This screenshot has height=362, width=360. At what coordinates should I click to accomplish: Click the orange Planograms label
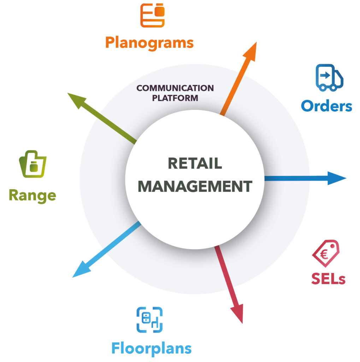(x=149, y=43)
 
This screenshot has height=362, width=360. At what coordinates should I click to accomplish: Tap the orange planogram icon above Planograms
(x=152, y=16)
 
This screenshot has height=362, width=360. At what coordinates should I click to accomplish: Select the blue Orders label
(x=326, y=106)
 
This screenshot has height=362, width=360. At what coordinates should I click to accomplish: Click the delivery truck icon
(x=329, y=77)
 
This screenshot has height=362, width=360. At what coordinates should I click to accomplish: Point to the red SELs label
(x=328, y=279)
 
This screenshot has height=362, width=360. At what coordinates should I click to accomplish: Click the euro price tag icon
(x=326, y=253)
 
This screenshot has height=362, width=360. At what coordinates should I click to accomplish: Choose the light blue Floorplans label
(x=152, y=349)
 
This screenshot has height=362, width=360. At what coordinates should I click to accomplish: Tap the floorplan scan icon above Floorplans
(x=149, y=320)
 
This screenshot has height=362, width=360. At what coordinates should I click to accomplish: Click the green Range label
(x=33, y=196)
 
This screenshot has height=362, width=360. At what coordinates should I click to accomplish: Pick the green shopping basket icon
(x=33, y=164)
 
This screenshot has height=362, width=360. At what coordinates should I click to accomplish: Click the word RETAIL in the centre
(x=195, y=163)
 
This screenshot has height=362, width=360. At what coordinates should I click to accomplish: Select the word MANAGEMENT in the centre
(x=195, y=186)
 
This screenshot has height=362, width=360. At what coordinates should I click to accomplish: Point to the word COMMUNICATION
(x=175, y=88)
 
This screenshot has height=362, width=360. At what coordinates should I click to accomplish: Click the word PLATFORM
(x=175, y=98)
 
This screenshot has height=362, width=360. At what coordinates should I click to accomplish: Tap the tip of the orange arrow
(x=256, y=42)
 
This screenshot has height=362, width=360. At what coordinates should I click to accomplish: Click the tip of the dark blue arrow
(x=346, y=178)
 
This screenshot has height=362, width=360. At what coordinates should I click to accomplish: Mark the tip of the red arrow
(x=242, y=323)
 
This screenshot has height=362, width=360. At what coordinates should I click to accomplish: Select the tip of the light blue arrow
(x=72, y=277)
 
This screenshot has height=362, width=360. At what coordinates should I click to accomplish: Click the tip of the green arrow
(x=67, y=93)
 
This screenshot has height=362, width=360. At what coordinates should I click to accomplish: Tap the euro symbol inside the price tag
(x=324, y=255)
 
